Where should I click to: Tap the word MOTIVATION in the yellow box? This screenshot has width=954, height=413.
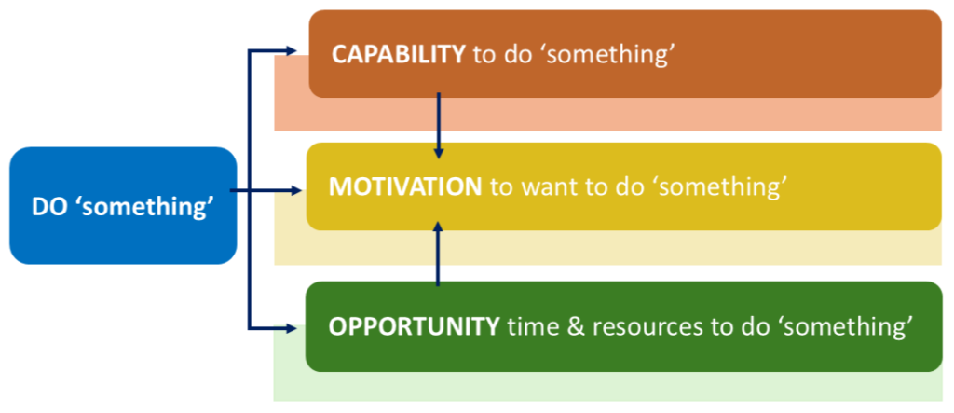(404, 186)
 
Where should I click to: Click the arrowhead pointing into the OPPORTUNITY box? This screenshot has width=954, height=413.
(299, 327)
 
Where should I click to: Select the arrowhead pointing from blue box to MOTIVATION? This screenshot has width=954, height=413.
(299, 190)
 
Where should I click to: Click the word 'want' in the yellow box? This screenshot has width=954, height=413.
(540, 186)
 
